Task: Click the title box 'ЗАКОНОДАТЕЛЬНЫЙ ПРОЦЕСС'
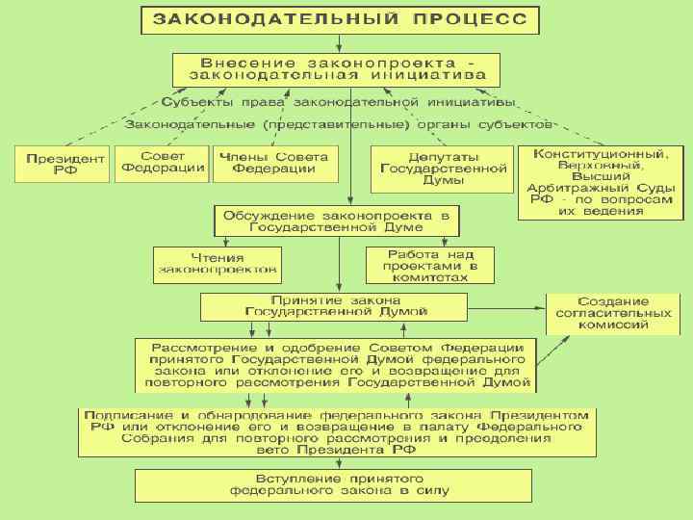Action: (340, 19)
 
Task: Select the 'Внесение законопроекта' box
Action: (337, 67)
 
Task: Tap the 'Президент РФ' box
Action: (60, 164)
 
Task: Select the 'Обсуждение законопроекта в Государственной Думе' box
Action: (337, 221)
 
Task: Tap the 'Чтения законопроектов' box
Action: (216, 264)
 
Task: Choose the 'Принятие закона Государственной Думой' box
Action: (335, 306)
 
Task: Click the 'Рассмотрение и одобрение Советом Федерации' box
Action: (335, 364)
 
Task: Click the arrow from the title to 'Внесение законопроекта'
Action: (339, 42)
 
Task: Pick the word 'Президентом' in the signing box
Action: (543, 415)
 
